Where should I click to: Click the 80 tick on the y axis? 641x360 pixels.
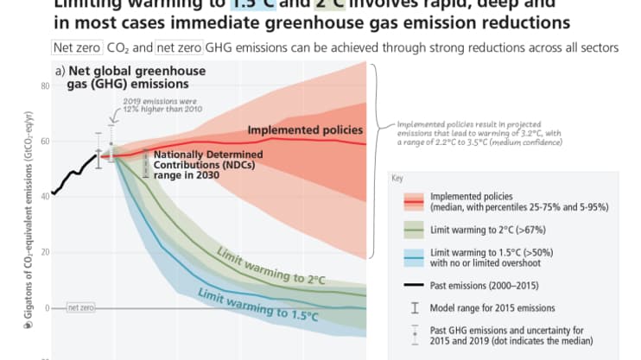coord(44,86)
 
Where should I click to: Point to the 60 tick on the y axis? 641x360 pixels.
coord(44,142)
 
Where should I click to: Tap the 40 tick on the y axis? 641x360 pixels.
coord(44,197)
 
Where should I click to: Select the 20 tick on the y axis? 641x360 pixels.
coord(44,252)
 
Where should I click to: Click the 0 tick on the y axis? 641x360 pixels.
coord(46,307)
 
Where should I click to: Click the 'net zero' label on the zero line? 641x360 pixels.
coord(80,307)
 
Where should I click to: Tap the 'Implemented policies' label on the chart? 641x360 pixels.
coord(304,130)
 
